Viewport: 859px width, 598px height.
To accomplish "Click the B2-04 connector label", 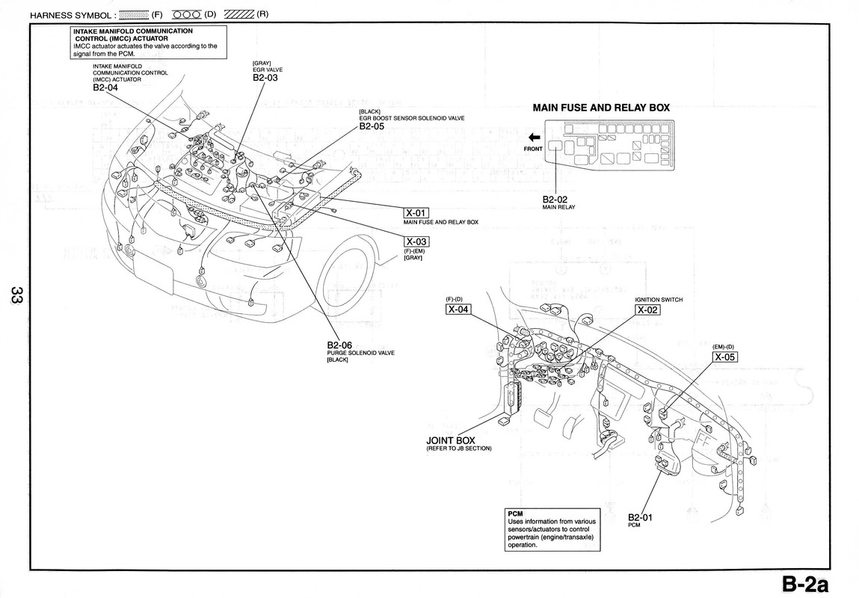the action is coord(105,87).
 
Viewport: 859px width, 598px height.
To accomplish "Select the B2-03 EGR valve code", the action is coord(265,78).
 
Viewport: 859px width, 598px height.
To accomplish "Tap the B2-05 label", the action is coord(372,126).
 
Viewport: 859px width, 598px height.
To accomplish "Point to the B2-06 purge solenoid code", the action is coord(339,345).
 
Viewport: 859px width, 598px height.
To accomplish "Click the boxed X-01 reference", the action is coord(416,213).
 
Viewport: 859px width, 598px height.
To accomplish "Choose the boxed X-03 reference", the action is coord(416,241).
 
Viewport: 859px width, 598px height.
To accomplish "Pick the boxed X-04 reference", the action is coord(458,309).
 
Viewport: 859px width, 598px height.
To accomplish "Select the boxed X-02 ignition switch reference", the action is coord(647,310).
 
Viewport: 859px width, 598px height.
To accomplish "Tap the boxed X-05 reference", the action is coord(724,357).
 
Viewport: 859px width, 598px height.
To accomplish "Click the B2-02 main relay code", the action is coord(555,200).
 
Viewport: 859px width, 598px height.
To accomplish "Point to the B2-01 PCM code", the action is coord(641,517).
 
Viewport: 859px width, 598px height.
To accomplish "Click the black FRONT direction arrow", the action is coord(534,138).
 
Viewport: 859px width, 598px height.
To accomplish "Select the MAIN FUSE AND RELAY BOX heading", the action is coord(602,108).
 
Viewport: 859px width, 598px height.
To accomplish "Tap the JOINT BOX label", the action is coord(451,440).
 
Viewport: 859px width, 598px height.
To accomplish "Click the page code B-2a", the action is coord(804,584).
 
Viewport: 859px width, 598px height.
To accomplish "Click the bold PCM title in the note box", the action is coord(516,514).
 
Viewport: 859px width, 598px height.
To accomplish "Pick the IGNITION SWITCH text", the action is coord(659,300).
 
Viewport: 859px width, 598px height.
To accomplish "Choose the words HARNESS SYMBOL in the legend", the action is coord(70,16).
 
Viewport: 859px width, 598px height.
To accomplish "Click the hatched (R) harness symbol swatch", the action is coord(239,15).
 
